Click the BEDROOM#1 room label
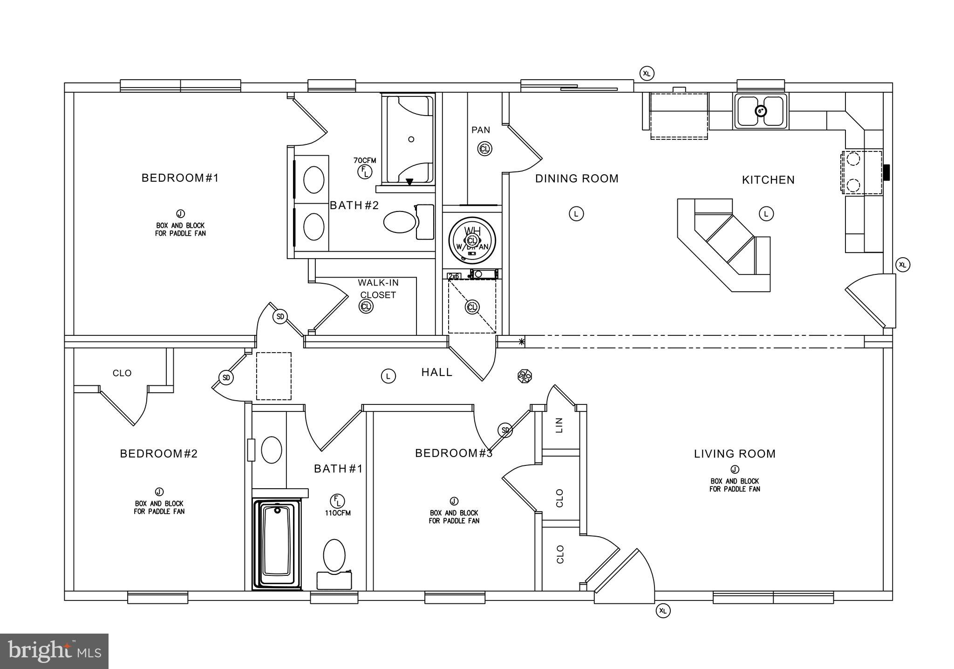coord(180,178)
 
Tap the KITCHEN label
coord(768,180)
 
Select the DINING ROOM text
coord(577,178)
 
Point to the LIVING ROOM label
coord(735,454)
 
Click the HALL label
coord(436,372)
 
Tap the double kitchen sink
coord(761,111)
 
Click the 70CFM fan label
coord(365,161)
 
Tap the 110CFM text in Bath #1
coord(338,513)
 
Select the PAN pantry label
coord(480,130)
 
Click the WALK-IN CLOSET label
coord(378,288)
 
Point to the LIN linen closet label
coord(559,425)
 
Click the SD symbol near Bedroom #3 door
coord(505,430)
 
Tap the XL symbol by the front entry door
coord(663,611)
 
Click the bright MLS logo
coord(54,651)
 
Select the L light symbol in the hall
coord(388,376)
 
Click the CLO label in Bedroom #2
coord(122,373)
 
